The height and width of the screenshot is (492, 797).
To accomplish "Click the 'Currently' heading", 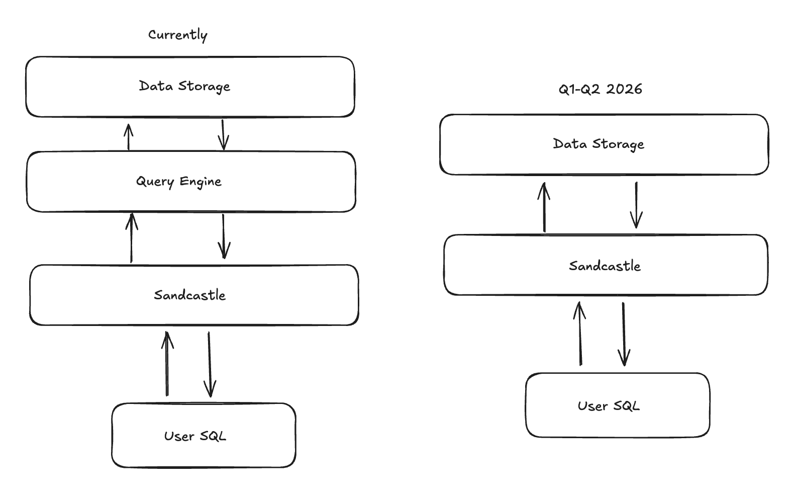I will pos(177,35).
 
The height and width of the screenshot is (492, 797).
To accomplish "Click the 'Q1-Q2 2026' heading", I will pos(600,89).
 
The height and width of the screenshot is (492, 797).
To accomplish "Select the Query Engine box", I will pos(191,182).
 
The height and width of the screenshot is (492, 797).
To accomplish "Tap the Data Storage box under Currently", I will pos(190,87).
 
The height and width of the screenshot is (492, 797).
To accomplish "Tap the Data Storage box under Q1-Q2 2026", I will pos(604,144).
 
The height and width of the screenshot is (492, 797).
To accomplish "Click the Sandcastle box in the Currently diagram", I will pos(194,295).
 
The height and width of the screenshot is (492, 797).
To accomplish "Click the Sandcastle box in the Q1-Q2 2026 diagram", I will pos(606,265).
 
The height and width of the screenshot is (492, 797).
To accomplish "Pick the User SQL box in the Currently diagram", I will pos(204,436).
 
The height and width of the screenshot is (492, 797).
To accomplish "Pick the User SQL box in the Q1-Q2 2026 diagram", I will pos(618,405).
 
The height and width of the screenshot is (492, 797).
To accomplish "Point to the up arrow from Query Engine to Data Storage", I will pos(129,137).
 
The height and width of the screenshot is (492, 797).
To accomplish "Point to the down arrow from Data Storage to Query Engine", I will pos(224,135).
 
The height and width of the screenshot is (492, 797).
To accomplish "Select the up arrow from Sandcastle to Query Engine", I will pos(132,238).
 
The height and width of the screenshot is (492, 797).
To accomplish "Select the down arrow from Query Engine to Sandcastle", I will pos(224,236).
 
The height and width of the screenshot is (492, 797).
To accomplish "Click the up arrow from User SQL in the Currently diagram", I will pos(167,363).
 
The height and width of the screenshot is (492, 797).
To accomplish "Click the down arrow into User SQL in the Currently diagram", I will pos(210,365).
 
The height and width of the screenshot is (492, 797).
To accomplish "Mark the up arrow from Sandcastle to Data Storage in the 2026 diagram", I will pos(544,207).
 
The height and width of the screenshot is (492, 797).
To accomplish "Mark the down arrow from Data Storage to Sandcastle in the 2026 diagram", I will pos(636,205).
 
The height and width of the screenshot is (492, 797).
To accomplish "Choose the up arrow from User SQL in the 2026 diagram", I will pos(580,333).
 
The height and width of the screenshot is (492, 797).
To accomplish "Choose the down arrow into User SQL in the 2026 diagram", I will pos(624,334).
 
